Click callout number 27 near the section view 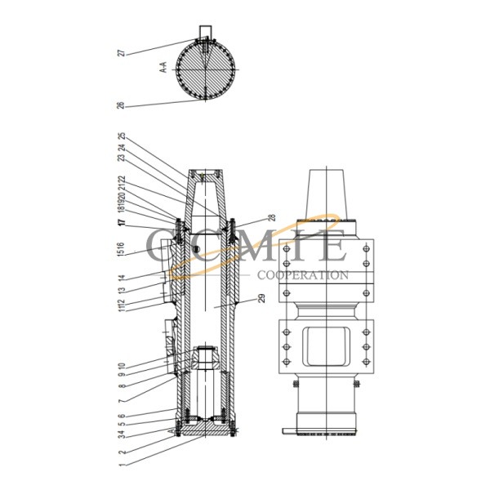(x=121, y=52)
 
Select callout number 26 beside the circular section (x=121, y=105)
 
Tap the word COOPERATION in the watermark (x=302, y=275)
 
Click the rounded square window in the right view (x=326, y=346)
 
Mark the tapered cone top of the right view (x=326, y=193)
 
